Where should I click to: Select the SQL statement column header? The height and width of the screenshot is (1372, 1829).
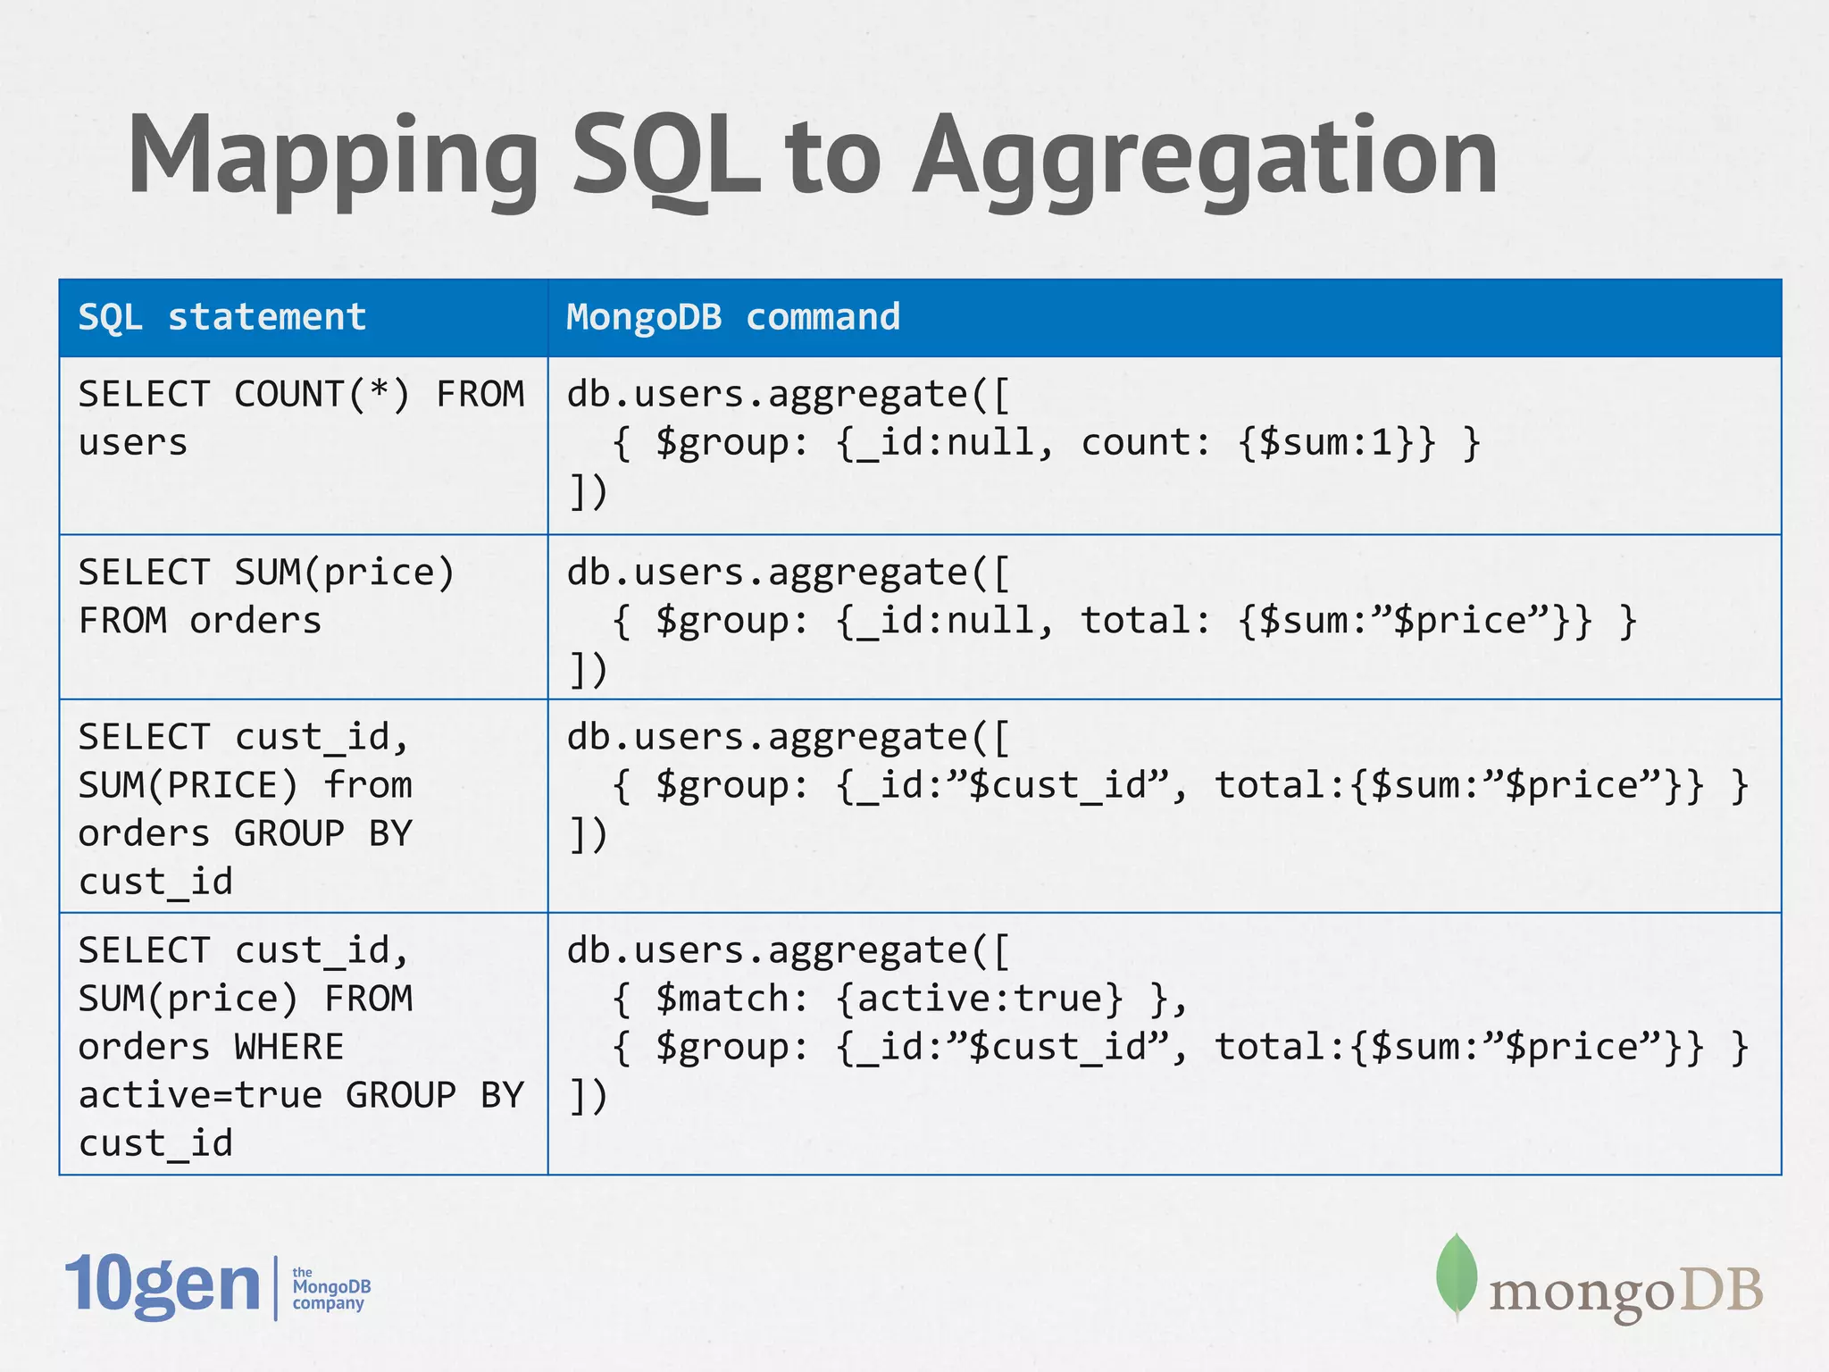pos(222,317)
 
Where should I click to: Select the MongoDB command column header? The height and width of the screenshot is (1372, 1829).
pos(733,317)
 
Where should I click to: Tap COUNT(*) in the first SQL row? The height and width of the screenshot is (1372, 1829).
pos(322,394)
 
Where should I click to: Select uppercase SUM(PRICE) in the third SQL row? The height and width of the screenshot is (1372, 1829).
pos(188,785)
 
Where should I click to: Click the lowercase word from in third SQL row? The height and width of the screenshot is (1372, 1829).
pos(368,785)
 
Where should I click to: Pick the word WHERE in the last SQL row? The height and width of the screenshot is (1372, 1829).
pos(289,1047)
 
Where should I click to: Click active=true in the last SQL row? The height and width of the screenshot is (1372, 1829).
pos(200,1095)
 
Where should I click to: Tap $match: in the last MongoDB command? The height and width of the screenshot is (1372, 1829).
pos(732,999)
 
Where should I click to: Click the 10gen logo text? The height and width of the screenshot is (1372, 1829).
pos(163,1286)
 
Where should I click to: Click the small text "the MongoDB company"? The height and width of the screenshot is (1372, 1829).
pos(330,1288)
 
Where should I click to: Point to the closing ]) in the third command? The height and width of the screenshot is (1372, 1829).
pos(588,834)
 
